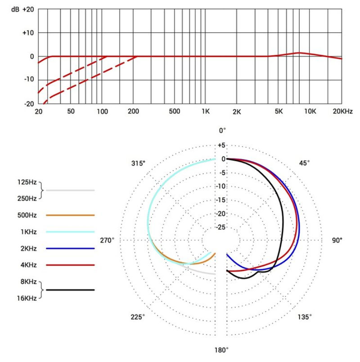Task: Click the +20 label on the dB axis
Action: coord(28,9)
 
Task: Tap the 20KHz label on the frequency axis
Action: coord(343,111)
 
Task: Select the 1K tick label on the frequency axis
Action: coord(206,111)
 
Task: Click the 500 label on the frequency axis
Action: coord(175,111)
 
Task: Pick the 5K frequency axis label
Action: coord(279,111)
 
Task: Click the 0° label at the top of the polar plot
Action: coord(222,130)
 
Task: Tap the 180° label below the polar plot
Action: coord(221,350)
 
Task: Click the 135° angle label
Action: coord(305,317)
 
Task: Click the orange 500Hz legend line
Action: coord(70,215)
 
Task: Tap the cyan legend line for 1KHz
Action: coord(70,232)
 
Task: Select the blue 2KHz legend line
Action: coord(70,248)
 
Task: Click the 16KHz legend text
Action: coord(27,298)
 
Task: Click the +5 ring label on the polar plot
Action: coord(221,146)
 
